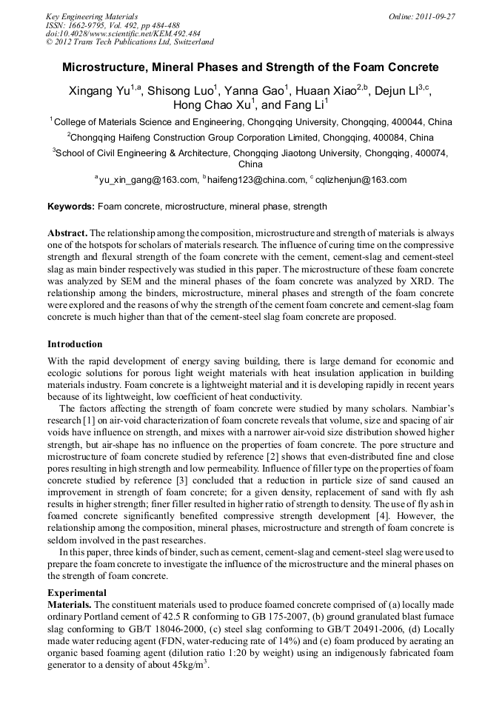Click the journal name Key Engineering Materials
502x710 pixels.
(92, 16)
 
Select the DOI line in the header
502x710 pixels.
(123, 33)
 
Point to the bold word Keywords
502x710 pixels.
(71, 206)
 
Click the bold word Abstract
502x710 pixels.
(68, 232)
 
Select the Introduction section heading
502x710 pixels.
(75, 344)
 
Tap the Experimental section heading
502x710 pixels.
(77, 593)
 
